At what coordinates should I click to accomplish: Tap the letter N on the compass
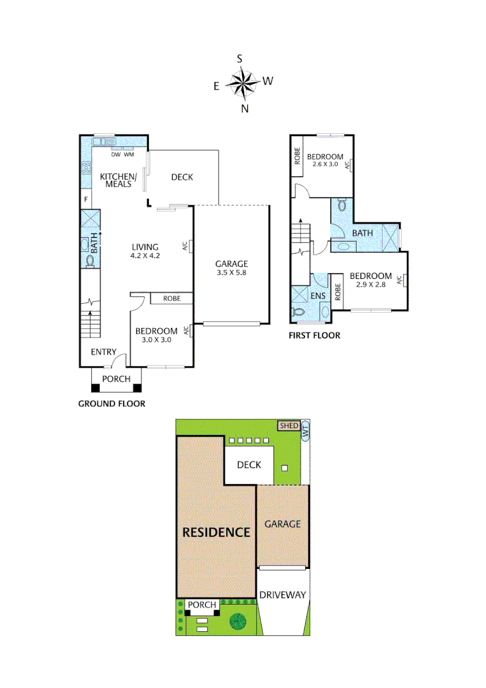pos(245,108)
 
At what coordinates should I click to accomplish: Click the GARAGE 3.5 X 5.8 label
pos(231,268)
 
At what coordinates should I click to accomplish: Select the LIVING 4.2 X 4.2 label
pos(145,252)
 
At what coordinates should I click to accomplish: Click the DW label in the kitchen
pos(115,155)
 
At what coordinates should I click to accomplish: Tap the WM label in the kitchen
pos(129,155)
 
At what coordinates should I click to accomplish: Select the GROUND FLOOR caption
pos(111,403)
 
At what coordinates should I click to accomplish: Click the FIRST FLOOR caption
pos(314,336)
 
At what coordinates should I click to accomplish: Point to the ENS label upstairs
pos(318,296)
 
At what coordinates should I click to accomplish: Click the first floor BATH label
pos(362,233)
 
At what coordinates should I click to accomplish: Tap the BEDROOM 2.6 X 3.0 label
pos(325,161)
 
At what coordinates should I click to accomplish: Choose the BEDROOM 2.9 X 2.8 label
pos(370,280)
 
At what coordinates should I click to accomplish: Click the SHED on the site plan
pos(289,426)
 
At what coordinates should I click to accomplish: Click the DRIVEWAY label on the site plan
pos(283,595)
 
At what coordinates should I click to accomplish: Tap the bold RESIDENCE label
pos(216,532)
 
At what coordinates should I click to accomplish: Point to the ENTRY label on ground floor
pos(103,352)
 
